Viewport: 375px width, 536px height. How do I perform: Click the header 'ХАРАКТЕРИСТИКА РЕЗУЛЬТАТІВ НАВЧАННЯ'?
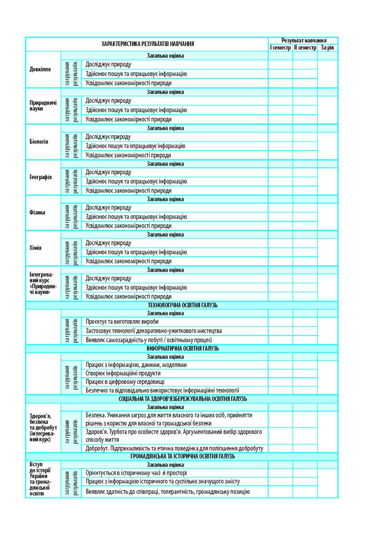pos(147,44)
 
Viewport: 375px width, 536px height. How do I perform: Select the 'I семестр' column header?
pos(280,47)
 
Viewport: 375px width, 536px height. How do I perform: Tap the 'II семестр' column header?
pos(305,47)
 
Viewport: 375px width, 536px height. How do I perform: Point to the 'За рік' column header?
pos(327,47)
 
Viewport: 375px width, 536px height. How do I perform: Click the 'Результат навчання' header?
pos(303,40)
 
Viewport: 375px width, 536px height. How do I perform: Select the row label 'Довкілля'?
pos(40,70)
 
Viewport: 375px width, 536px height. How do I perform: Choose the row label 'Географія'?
pos(40,177)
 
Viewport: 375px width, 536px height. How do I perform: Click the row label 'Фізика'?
pos(37,213)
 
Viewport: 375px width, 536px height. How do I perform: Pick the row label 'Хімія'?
pos(35,248)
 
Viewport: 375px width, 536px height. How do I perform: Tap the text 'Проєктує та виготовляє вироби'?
pos(122,322)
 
